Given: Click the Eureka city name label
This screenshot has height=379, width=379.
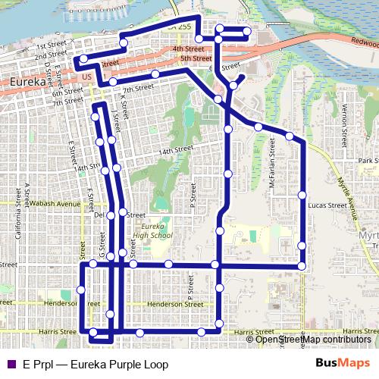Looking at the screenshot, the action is [x=28, y=79].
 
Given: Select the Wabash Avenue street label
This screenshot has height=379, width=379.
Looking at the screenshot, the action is [x=52, y=204].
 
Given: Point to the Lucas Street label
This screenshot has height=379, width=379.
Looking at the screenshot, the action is [x=328, y=205].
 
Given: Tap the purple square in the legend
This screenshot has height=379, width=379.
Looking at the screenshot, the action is [x=10, y=365].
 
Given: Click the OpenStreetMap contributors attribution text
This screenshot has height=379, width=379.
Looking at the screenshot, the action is [x=313, y=339].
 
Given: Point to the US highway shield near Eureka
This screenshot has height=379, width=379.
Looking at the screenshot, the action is [x=85, y=78].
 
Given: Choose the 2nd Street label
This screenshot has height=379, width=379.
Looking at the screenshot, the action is [x=51, y=55].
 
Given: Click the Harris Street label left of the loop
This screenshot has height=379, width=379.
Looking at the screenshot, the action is [x=58, y=331].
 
